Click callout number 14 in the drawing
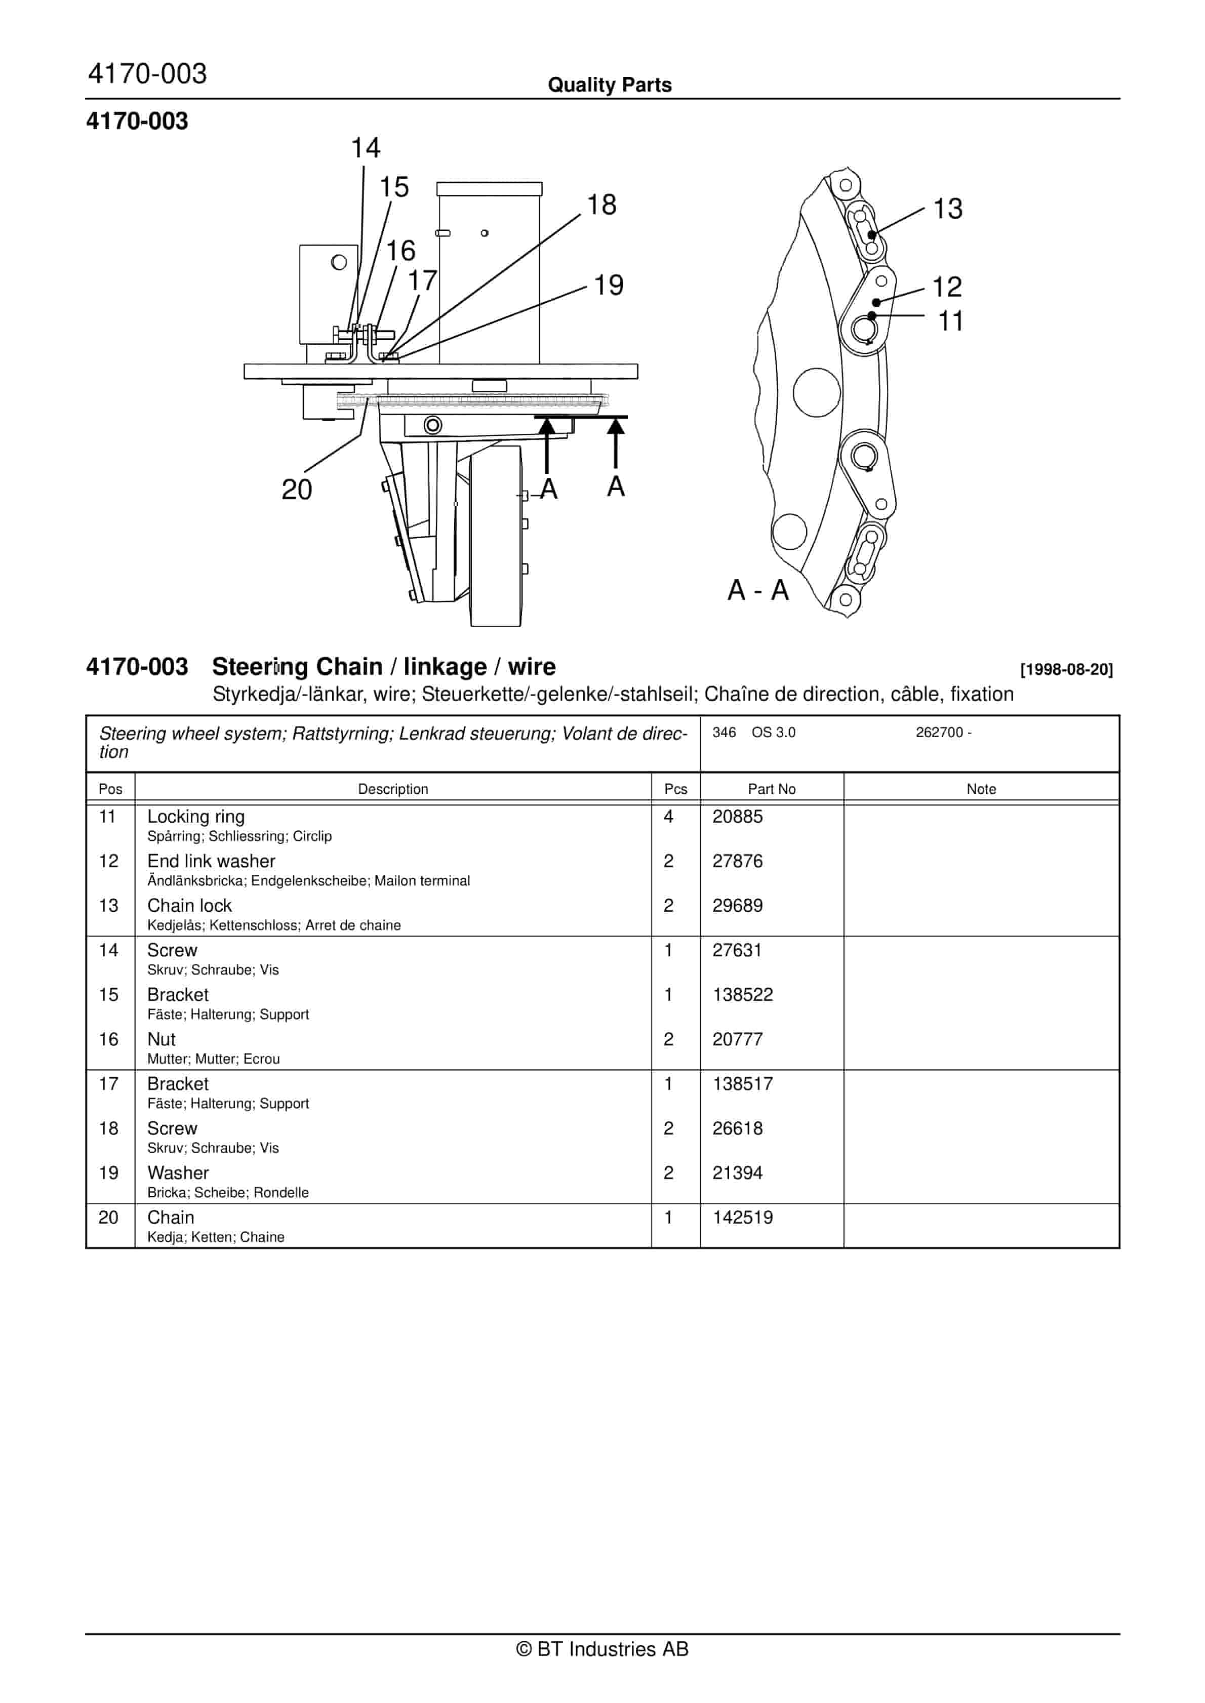[x=365, y=148]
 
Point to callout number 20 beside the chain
[x=297, y=490]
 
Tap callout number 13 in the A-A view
[x=947, y=209]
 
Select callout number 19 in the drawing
[x=609, y=286]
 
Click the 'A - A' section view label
[x=757, y=590]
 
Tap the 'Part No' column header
[x=771, y=789]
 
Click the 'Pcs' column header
[x=675, y=789]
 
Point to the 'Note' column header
[x=980, y=789]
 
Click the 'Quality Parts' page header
[x=609, y=85]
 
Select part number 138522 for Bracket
[x=742, y=995]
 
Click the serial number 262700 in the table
[x=939, y=733]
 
